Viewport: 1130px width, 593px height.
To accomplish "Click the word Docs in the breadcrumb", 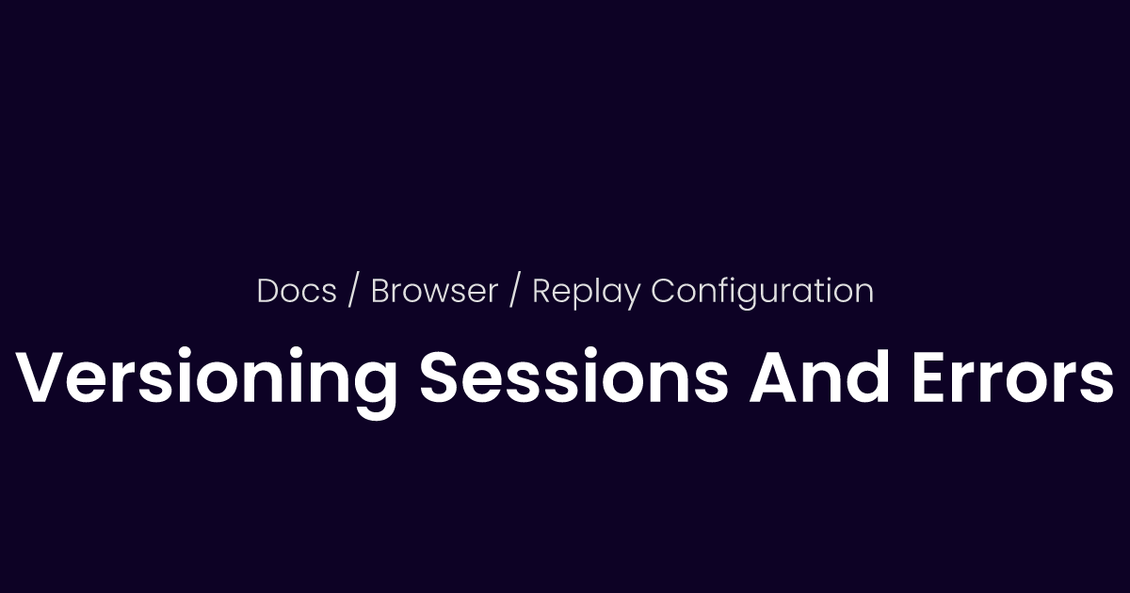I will pyautogui.click(x=297, y=291).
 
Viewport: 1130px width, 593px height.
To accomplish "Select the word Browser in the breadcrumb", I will pyautogui.click(x=434, y=291).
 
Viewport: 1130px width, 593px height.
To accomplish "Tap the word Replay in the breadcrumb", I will pyautogui.click(x=588, y=292).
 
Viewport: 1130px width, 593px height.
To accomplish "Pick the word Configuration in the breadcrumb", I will pyautogui.click(x=763, y=292).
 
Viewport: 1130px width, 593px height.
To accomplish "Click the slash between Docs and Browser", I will pyautogui.click(x=353, y=292).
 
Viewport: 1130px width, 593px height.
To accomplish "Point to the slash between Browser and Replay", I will pyautogui.click(x=514, y=292).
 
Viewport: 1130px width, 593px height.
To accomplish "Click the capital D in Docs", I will pyautogui.click(x=268, y=291).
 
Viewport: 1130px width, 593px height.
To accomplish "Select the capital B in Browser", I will pyautogui.click(x=380, y=291).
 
